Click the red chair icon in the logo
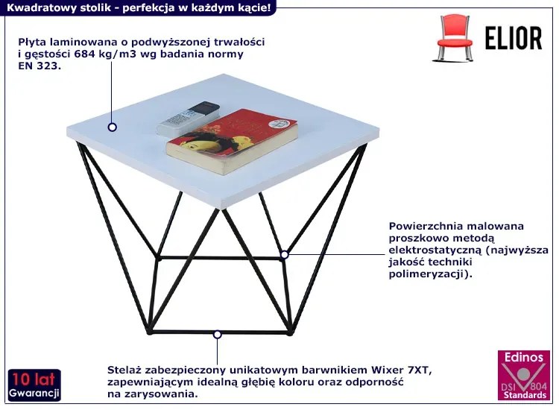click(x=454, y=37)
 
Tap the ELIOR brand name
click(x=514, y=38)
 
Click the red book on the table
click(x=232, y=141)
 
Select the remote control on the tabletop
click(x=189, y=118)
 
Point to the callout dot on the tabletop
click(x=113, y=127)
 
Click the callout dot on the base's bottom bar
click(x=217, y=335)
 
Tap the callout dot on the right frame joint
click(x=284, y=254)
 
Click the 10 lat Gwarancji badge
click(x=34, y=385)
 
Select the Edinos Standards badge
click(x=524, y=376)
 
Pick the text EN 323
click(x=40, y=66)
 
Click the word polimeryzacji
click(x=427, y=274)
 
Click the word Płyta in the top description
click(x=33, y=42)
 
